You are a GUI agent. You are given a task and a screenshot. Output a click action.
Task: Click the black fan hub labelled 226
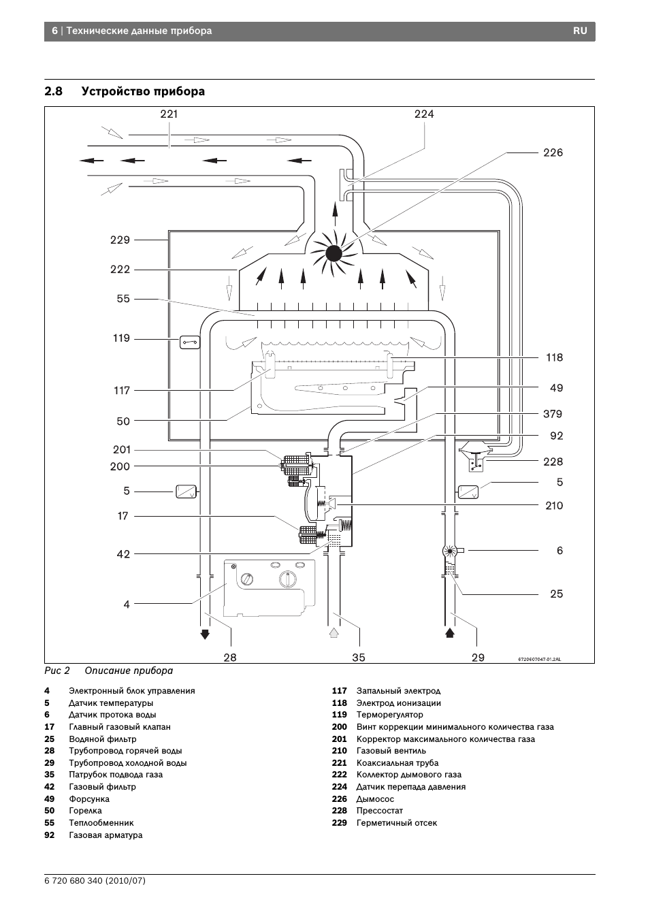point(334,254)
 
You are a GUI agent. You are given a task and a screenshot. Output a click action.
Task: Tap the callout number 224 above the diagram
point(424,114)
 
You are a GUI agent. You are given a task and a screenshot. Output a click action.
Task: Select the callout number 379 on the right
point(553,414)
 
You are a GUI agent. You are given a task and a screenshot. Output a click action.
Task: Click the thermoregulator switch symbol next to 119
point(190,342)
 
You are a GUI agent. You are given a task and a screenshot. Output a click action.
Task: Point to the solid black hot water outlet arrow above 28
point(205,634)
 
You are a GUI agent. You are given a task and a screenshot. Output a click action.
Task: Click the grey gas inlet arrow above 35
point(334,633)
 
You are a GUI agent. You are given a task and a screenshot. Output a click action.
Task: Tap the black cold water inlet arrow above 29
point(450,633)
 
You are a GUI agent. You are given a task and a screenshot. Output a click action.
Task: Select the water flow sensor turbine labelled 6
point(451,551)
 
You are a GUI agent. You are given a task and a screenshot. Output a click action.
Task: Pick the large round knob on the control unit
point(287,579)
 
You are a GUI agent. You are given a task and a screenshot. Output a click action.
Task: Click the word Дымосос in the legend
point(375,799)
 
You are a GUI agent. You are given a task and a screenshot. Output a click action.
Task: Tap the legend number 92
point(49,835)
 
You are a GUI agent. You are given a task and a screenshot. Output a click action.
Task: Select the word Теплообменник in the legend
point(101,822)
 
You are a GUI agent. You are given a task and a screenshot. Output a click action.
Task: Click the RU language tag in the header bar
point(580,31)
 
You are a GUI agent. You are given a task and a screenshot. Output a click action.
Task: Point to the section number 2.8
point(53,91)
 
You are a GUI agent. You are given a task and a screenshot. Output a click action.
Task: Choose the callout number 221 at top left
point(169,114)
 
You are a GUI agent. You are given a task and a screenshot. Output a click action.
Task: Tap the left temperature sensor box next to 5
point(186,491)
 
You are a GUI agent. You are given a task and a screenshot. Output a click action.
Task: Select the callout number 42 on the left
point(123,554)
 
